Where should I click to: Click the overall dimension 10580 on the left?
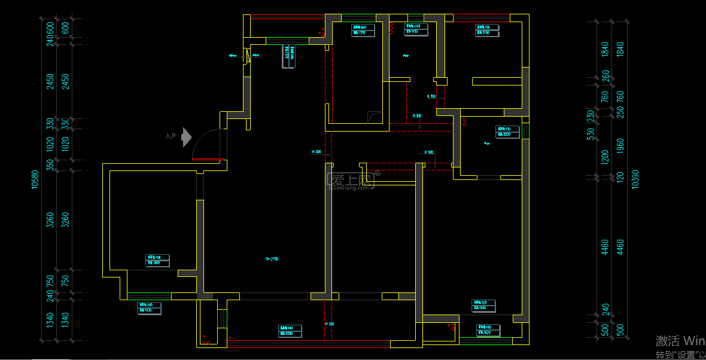click(35, 180)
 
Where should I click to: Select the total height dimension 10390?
click(635, 179)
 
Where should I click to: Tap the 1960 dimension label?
click(620, 145)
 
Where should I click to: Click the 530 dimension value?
click(590, 135)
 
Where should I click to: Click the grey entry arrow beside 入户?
click(186, 137)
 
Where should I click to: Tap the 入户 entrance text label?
click(171, 137)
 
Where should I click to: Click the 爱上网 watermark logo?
click(351, 180)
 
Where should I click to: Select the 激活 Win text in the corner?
click(680, 341)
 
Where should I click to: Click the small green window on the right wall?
click(525, 130)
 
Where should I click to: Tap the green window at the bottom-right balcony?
click(486, 339)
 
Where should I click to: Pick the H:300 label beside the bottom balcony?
click(329, 324)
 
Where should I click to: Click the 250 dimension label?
click(620, 114)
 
